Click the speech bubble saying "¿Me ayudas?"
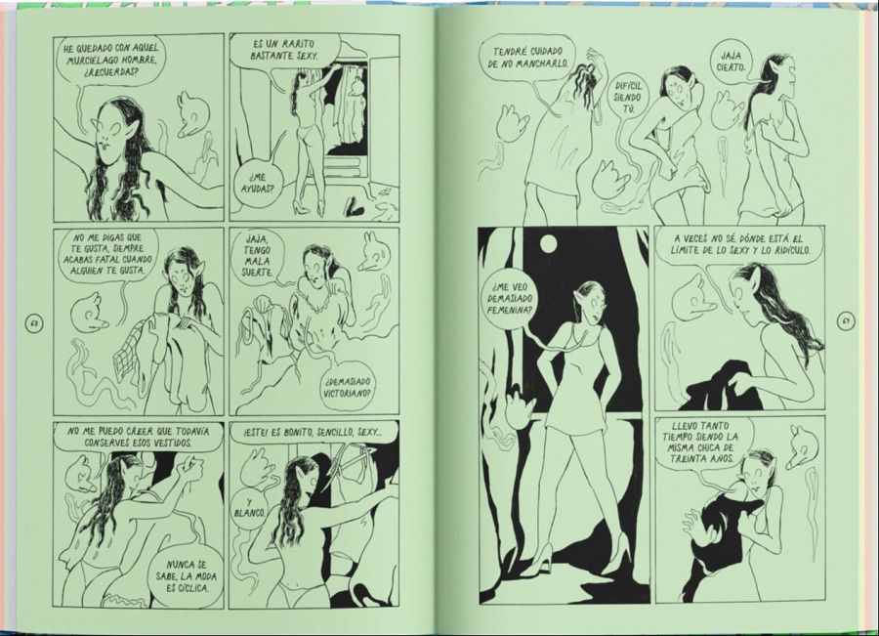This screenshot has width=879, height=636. [257, 184]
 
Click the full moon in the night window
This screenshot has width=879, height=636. [548, 244]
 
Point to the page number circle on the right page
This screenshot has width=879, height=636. [847, 322]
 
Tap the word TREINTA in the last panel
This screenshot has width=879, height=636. [686, 459]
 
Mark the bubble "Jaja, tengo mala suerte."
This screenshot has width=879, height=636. [257, 255]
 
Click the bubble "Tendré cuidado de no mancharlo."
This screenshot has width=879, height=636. [527, 58]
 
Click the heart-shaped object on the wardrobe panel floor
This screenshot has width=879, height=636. [356, 206]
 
